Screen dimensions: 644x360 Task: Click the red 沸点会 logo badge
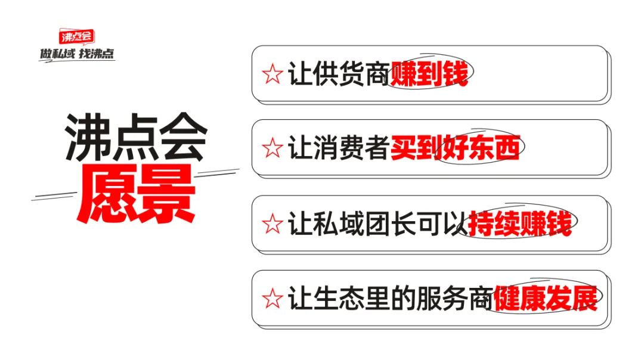coord(76,37)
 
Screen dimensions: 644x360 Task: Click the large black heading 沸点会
coord(136,138)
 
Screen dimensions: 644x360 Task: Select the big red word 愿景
coord(137,194)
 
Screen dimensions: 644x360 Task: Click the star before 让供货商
coord(272,76)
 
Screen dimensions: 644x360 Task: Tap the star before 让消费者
coord(272,149)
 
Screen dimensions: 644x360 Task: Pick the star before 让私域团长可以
coord(272,225)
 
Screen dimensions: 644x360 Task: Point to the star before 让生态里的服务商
coord(272,299)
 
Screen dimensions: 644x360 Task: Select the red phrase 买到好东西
coord(455,148)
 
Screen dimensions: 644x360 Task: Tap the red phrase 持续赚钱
coord(520,224)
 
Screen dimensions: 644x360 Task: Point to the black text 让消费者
coord(339,149)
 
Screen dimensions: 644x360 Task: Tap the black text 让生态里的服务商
coord(390,299)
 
